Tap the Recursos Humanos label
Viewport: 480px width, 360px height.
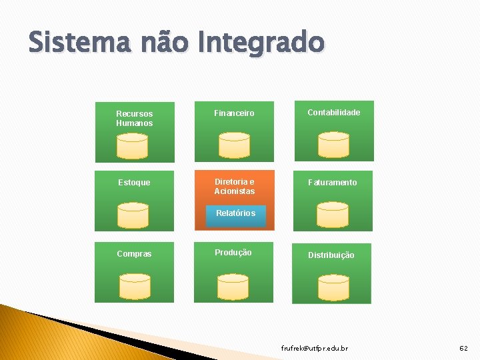point(134,119)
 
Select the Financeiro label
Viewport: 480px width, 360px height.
point(234,113)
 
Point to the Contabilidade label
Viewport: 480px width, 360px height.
point(333,113)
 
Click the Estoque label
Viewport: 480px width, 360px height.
point(134,183)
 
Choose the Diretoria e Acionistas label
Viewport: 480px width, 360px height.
point(234,187)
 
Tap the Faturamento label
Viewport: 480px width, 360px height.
point(333,183)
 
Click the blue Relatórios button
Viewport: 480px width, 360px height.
point(235,213)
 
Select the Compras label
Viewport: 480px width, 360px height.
point(134,254)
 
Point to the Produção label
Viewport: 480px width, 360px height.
point(233,253)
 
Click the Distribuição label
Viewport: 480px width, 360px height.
point(331,255)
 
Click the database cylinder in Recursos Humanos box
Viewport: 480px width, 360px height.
point(132,145)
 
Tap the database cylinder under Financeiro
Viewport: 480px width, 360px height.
point(234,145)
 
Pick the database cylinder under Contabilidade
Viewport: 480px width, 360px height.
point(333,145)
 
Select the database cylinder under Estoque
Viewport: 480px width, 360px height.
point(132,215)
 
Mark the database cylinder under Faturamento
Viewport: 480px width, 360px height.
point(332,215)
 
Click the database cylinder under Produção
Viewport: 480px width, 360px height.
point(233,287)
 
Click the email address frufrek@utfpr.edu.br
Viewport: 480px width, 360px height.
point(314,349)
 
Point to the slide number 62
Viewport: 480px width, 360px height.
point(464,349)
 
